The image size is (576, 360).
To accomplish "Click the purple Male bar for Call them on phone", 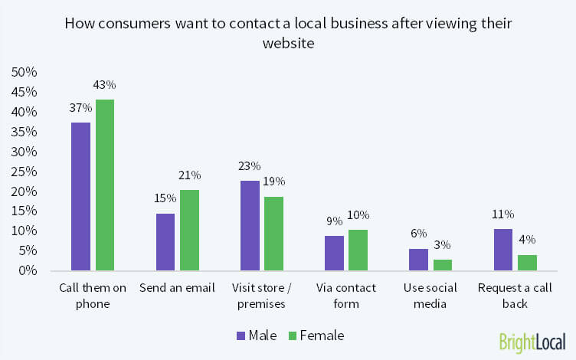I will point(81,196).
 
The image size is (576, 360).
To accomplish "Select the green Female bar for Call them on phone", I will point(104,185).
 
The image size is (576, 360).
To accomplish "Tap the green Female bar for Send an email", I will point(188,230).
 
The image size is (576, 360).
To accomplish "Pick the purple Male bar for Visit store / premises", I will point(250,225).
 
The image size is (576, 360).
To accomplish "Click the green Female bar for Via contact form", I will point(358,250).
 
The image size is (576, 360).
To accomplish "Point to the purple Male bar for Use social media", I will point(418,259).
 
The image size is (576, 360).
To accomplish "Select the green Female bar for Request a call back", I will point(527,262).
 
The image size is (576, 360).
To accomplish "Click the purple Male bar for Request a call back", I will point(503,249).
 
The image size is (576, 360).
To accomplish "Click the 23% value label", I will point(250,166).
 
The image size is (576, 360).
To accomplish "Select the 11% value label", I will point(503,214).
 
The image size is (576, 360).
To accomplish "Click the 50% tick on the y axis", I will point(24,72).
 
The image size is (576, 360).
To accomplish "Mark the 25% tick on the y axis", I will point(24,171).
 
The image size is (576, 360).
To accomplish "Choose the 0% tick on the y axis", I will point(27,270).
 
